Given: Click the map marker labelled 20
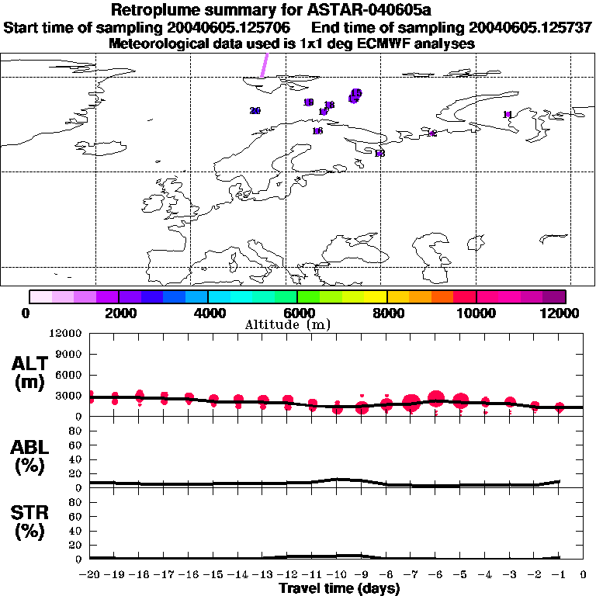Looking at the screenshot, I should click(255, 111).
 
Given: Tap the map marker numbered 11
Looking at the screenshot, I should click(508, 115).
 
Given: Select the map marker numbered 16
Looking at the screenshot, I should click(317, 131).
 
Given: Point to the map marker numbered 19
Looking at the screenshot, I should click(308, 102).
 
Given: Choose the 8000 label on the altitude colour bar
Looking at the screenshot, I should click(386, 313).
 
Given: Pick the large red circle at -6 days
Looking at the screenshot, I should click(436, 399).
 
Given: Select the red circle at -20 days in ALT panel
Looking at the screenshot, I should click(91, 397).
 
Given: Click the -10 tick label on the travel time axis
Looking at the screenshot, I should click(337, 575).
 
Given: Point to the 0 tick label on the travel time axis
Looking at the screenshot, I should click(584, 575).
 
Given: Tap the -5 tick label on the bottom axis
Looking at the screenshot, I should click(460, 575).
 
